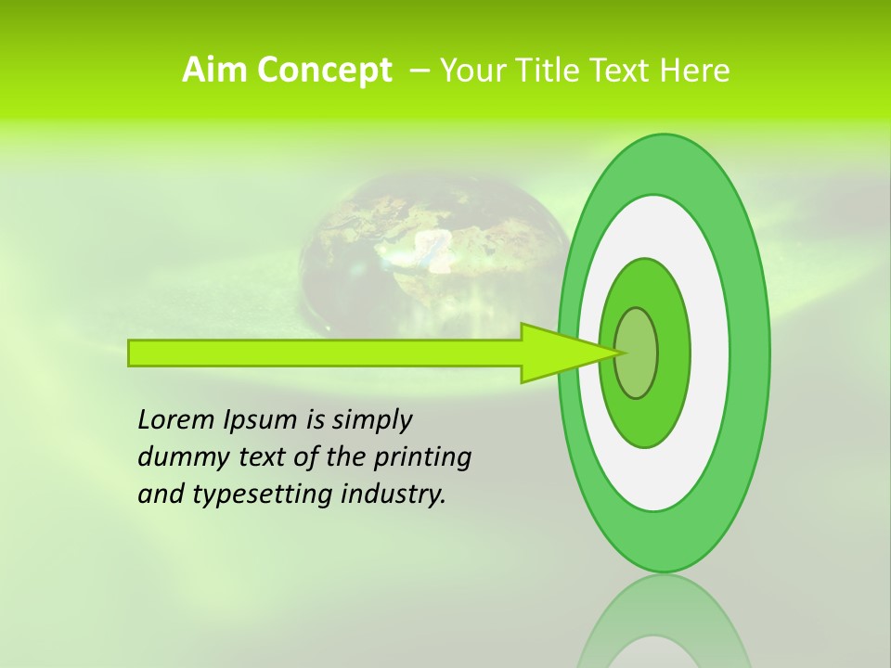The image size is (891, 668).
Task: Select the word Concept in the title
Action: (x=324, y=70)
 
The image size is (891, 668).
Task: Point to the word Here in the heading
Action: (x=694, y=70)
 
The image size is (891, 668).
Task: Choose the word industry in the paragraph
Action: (x=394, y=495)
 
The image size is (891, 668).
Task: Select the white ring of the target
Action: (x=709, y=353)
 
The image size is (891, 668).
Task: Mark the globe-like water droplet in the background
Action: (x=433, y=260)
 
